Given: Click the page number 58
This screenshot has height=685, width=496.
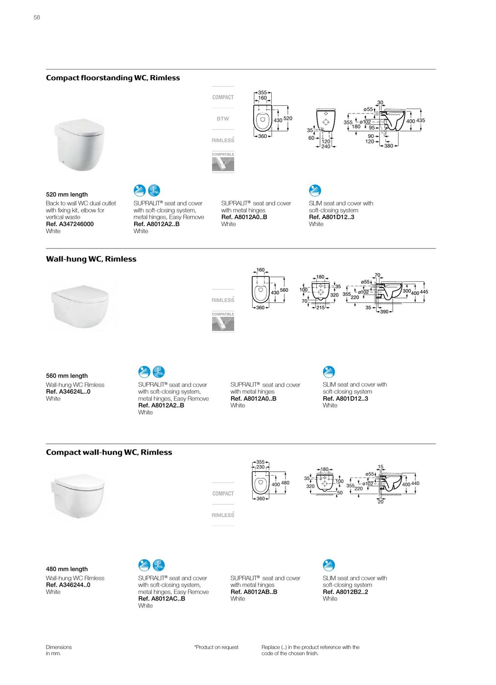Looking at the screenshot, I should (37, 18).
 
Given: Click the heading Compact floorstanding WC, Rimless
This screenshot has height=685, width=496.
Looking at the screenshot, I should (113, 78).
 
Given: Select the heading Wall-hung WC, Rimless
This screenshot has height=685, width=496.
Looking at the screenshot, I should (91, 259).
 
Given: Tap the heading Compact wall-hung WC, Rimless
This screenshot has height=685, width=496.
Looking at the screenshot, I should (109, 453).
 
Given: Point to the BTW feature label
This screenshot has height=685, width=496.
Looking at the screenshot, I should (223, 119).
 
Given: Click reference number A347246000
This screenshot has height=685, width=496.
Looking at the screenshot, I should (70, 224).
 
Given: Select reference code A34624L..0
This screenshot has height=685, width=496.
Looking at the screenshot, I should (68, 392).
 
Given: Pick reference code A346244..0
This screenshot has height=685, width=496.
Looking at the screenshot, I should (68, 585).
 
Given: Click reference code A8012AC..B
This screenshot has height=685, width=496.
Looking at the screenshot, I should (162, 599).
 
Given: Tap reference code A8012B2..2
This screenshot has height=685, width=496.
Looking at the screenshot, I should (345, 592).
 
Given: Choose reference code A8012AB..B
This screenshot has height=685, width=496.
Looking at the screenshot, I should (254, 592).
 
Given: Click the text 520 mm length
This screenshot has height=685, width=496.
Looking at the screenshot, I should (67, 195).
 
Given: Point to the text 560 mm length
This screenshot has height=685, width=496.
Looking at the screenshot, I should (67, 376).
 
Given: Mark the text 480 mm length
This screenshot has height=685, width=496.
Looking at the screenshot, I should (67, 570).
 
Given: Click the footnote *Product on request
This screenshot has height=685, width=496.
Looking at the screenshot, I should (216, 647).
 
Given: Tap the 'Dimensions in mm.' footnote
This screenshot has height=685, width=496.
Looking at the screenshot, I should (59, 650).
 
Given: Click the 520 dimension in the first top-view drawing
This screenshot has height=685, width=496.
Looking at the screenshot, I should (288, 118).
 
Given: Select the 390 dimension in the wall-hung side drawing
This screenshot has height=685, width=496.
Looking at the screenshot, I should (384, 312).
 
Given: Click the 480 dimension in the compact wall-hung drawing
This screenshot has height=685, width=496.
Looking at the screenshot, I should (285, 483).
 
